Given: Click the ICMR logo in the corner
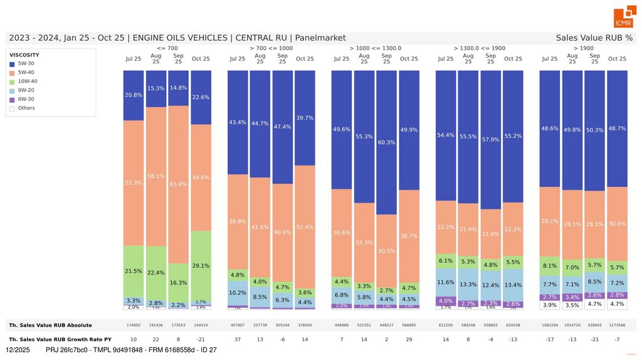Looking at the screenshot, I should tap(624, 18).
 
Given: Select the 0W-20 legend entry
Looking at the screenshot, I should tap(26, 90).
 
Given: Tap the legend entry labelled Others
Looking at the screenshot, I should tap(26, 108).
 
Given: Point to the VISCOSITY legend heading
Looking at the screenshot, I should tap(24, 55).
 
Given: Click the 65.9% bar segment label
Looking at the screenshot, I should tap(178, 184).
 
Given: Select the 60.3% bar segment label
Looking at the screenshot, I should tap(386, 142).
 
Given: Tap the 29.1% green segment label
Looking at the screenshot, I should tap(201, 266).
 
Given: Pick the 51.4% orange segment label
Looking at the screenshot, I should tap(305, 226).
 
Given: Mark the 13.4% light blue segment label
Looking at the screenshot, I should tap(513, 285).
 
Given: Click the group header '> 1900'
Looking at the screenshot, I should tap(583, 48).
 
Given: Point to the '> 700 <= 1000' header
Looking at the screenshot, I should tap(271, 48).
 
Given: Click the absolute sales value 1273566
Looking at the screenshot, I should tap(617, 326).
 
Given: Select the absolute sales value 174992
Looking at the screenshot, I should tap(134, 326).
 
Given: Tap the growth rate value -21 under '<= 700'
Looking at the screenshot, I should tap(201, 339).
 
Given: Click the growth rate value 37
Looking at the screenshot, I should tap(238, 339).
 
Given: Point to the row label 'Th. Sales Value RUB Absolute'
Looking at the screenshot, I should tap(50, 326).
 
